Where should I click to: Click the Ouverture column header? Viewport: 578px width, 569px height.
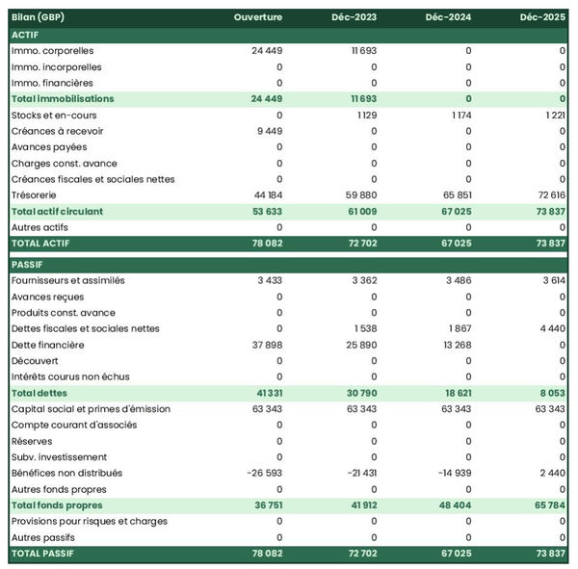coord(257,17)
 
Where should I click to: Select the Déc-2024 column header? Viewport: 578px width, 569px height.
coord(447,17)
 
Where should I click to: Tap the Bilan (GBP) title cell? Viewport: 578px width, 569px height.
coord(40,17)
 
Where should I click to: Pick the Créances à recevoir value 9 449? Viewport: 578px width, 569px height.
coord(265,131)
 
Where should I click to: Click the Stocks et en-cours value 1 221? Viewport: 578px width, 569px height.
coord(550,115)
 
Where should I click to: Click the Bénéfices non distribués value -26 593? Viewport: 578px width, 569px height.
coord(259,473)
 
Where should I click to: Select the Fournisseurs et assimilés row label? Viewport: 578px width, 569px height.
coord(66,280)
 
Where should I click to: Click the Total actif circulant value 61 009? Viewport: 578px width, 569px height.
coord(356,211)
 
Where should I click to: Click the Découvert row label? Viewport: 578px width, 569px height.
coord(36,360)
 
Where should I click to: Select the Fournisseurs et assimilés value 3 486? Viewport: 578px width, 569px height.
coord(454,280)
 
